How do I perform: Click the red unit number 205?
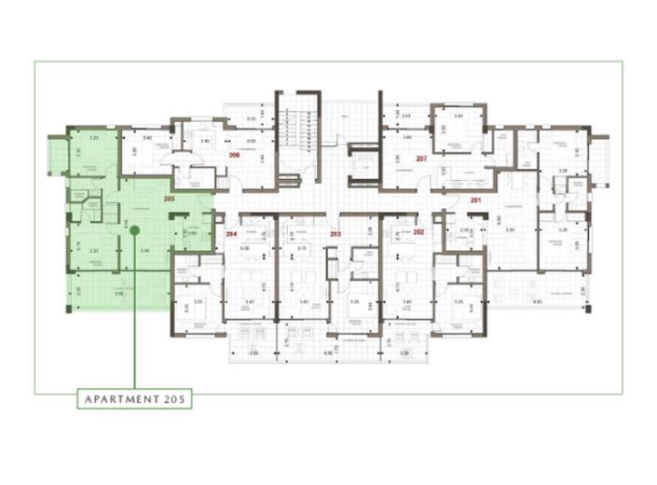(169, 199)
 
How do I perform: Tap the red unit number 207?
(421, 158)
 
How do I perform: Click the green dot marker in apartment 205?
(134, 229)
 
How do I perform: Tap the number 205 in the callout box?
(175, 398)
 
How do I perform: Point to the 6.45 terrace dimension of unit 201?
(538, 301)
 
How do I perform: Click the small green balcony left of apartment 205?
(55, 153)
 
